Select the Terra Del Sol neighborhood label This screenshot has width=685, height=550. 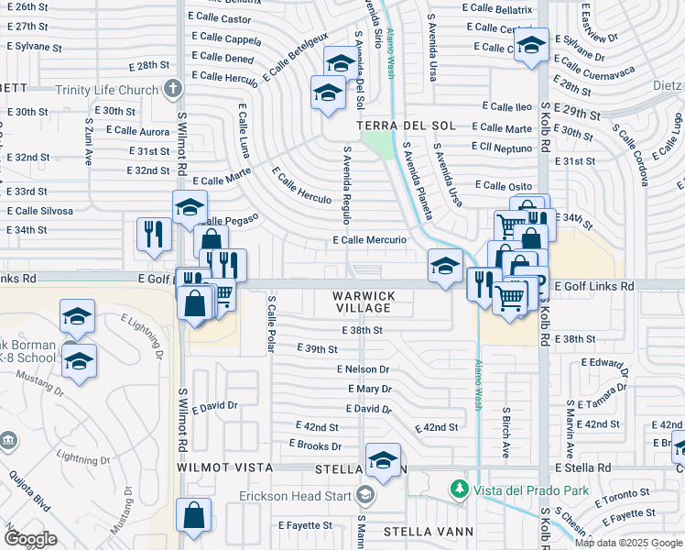pos(406,125)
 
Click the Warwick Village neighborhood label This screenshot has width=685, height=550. pos(364,302)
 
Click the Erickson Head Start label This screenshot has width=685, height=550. pos(296,496)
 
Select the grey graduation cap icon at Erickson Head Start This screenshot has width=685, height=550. pos(365,496)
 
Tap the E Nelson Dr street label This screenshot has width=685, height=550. pos(363,369)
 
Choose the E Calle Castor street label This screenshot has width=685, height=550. pos(223,18)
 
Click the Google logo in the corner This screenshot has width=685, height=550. pos(31,539)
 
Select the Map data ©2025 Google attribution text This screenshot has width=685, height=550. pos(628,543)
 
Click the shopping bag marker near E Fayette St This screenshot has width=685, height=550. pos(195,516)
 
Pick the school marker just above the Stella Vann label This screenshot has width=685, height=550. pos(383,459)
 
